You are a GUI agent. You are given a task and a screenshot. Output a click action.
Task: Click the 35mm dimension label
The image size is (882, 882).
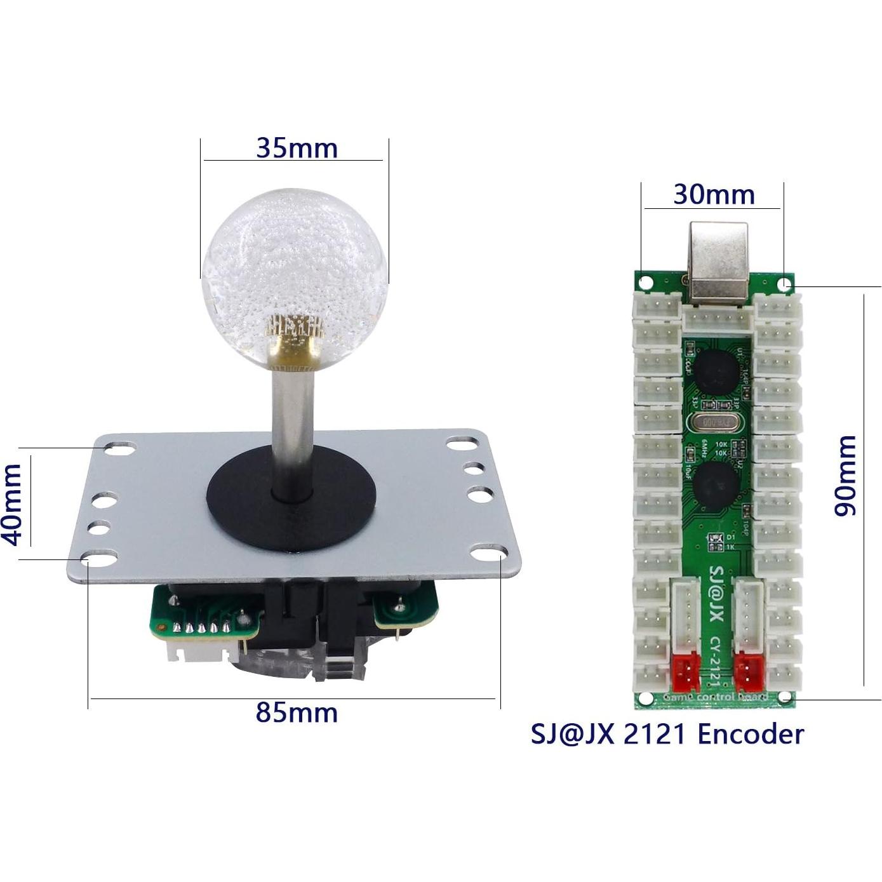(297, 149)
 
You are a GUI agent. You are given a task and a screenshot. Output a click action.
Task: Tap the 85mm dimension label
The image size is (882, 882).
(297, 712)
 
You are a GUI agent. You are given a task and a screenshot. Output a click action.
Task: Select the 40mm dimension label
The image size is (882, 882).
(13, 504)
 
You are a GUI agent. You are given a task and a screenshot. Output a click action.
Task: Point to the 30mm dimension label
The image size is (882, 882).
(714, 194)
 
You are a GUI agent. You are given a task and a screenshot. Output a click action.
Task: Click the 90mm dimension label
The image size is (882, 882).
(846, 476)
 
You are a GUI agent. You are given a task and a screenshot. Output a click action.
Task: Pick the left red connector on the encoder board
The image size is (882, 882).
(685, 672)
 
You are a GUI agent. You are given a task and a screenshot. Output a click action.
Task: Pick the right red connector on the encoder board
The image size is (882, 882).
(748, 672)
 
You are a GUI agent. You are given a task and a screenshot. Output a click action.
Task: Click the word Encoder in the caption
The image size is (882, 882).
(751, 734)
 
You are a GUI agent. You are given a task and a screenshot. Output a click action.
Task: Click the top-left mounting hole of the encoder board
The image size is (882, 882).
(645, 281)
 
